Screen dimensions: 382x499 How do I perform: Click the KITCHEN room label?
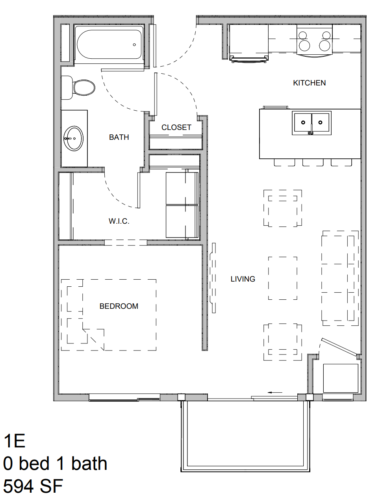(309, 83)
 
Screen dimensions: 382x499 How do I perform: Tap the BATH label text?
(119, 137)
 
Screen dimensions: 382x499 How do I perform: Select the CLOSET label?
(176, 128)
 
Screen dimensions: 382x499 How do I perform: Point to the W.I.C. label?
(119, 221)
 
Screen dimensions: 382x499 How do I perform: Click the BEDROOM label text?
(119, 306)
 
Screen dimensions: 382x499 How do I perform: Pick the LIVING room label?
(243, 279)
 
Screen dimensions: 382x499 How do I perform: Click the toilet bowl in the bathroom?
(84, 87)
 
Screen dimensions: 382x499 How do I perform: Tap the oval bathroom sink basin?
(74, 139)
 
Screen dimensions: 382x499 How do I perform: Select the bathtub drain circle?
(134, 45)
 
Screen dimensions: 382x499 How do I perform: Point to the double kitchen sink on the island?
(312, 123)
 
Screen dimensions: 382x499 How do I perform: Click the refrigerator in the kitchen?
(248, 43)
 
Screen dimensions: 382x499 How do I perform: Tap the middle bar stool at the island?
(313, 162)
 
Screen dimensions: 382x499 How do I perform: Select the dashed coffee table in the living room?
(283, 278)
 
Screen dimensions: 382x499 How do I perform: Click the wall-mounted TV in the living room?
(213, 278)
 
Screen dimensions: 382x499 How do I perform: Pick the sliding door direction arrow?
(275, 392)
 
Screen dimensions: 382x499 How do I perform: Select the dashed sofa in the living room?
(340, 278)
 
